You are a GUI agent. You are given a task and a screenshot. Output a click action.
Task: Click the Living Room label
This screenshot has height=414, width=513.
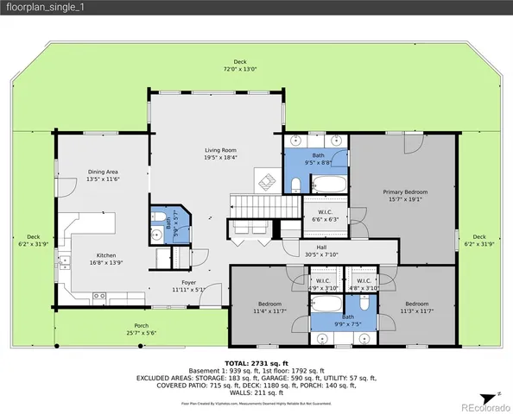(220, 154)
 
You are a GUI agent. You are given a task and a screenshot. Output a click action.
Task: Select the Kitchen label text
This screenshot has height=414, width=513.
(106, 259)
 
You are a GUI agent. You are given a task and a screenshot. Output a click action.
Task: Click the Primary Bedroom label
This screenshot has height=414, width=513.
(405, 196)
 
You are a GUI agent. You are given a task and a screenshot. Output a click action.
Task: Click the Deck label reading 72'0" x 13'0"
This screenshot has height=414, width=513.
(241, 65)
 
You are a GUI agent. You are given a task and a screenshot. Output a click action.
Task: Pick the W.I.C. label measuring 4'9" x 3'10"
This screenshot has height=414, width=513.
(323, 284)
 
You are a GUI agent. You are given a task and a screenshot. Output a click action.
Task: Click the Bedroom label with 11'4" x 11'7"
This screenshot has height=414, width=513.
(270, 308)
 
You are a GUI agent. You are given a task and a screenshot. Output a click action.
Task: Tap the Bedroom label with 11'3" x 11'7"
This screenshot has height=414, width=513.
(416, 307)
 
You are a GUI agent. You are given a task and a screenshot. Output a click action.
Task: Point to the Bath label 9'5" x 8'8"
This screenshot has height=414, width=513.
(318, 158)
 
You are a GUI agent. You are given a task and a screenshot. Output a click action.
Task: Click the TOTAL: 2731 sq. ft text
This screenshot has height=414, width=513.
(256, 364)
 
